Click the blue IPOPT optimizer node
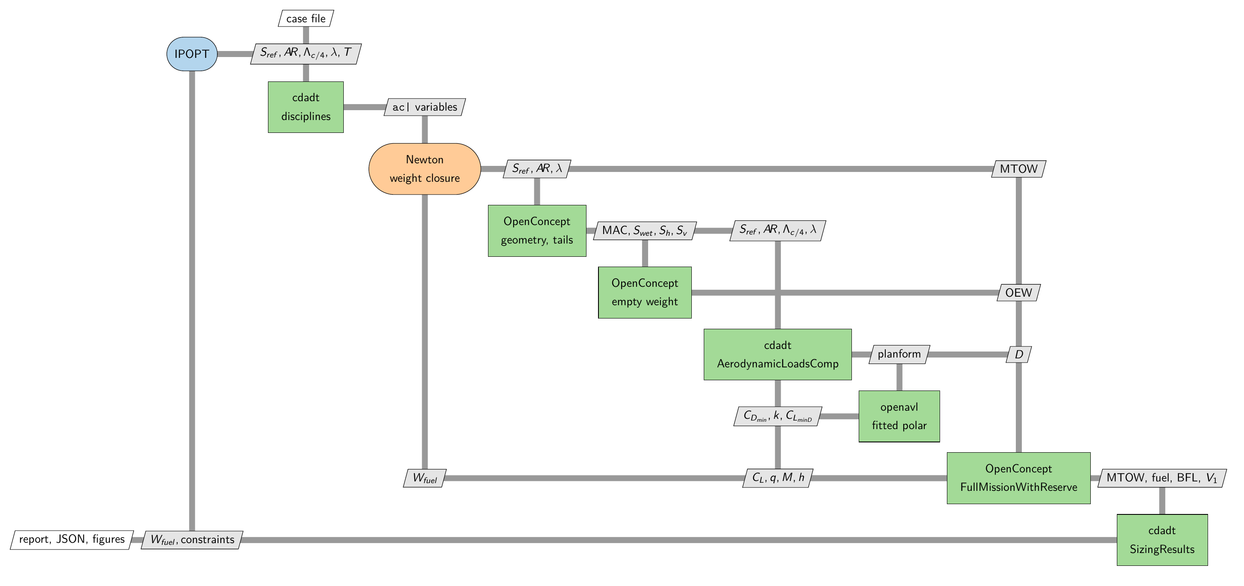tap(192, 54)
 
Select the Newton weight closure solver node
tap(425, 169)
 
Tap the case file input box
tap(306, 18)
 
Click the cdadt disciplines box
tap(306, 107)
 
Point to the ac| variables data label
tap(425, 107)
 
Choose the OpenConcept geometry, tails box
tap(537, 231)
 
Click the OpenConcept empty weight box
tap(645, 292)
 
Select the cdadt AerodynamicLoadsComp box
tap(777, 355)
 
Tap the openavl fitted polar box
tap(899, 416)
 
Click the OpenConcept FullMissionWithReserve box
tap(1018, 478)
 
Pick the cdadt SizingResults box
tap(1162, 540)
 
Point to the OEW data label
tap(1018, 292)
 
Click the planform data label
tap(899, 355)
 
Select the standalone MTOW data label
tap(1018, 169)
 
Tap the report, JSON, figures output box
tap(72, 540)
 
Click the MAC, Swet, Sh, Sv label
tap(645, 231)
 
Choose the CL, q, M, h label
tap(778, 478)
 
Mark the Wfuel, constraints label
tap(192, 540)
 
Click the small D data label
tap(1019, 355)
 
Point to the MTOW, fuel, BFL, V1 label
tap(1162, 478)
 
